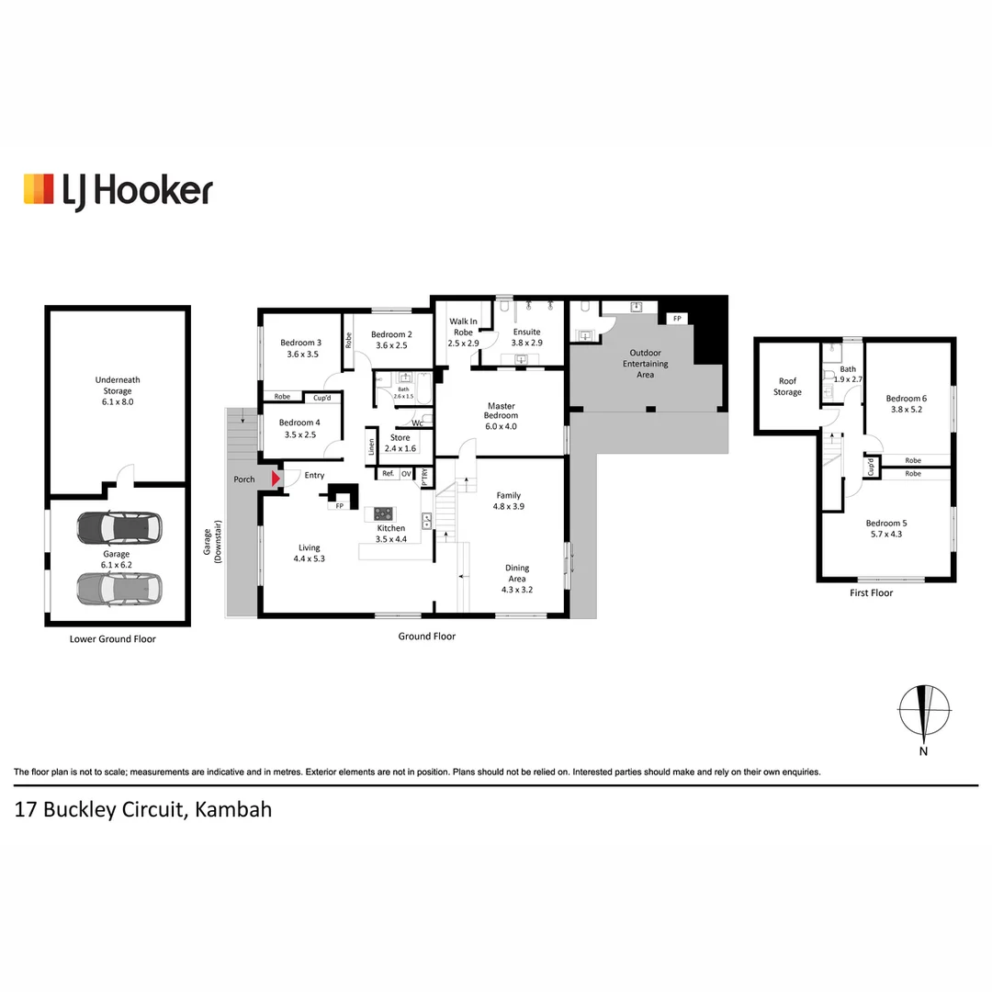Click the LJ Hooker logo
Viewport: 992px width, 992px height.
118,191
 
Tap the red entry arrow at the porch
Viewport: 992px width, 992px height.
276,479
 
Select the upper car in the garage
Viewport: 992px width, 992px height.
118,528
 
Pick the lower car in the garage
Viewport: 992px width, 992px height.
118,589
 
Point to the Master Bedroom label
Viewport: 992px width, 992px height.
502,416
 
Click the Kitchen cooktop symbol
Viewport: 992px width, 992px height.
383,513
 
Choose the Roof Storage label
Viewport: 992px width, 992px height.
788,387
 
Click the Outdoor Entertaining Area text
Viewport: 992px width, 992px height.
646,364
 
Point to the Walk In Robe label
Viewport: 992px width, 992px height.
463,326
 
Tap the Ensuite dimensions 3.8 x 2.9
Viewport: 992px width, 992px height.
527,343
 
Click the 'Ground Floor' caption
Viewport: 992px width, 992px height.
427,637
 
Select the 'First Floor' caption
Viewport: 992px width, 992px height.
871,592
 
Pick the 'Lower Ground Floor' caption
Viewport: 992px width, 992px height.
113,639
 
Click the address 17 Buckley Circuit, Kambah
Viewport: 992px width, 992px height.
143,810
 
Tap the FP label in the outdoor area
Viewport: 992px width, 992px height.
678,319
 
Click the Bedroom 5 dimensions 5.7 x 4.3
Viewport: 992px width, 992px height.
886,534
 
